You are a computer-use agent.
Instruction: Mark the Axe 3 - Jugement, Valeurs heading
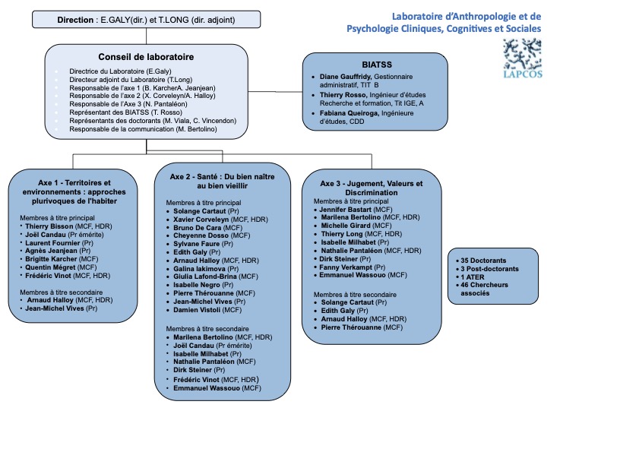point(371,184)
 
